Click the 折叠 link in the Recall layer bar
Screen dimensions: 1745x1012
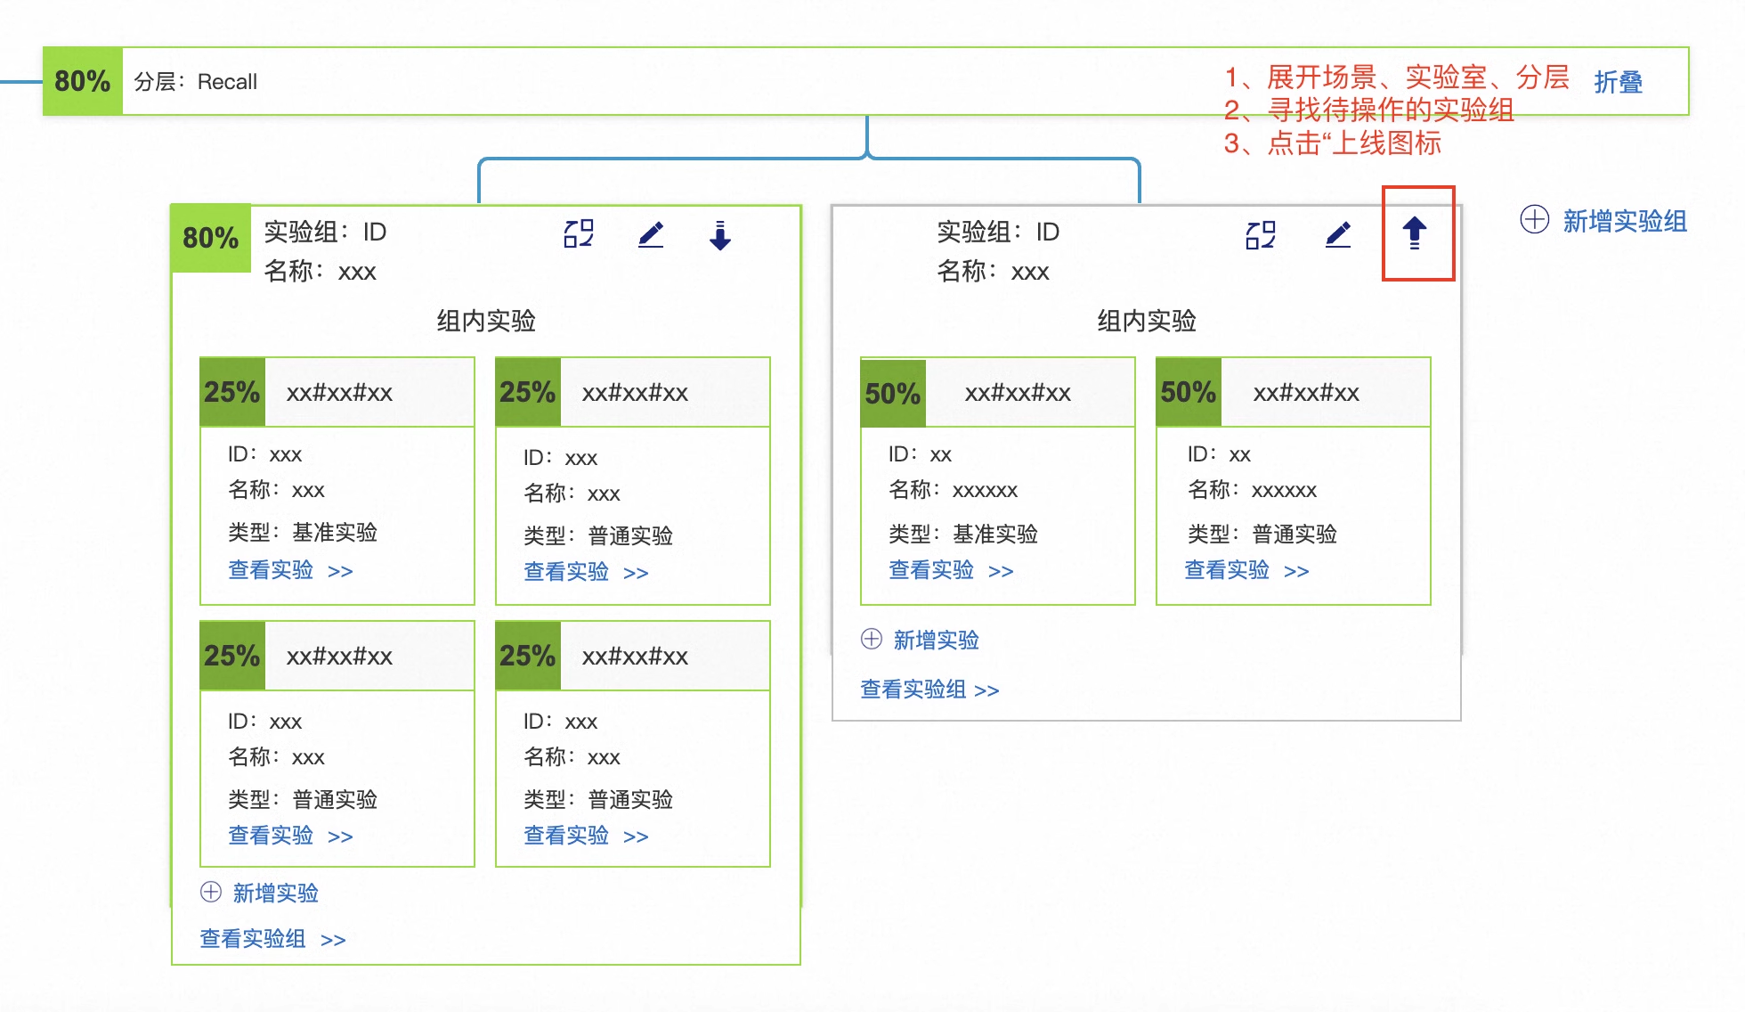click(x=1618, y=82)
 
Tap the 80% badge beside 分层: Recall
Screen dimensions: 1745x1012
click(x=83, y=81)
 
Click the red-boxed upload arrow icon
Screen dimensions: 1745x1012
click(x=1414, y=233)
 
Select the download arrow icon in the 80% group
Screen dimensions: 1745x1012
click(x=720, y=235)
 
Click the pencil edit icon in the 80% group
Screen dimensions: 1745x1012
click(x=651, y=234)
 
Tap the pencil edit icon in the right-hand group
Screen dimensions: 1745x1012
click(x=1338, y=234)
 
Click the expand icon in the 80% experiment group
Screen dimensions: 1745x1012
click(x=579, y=233)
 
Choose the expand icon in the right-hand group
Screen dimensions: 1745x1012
click(x=1261, y=234)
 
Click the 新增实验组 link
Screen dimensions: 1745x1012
click(x=1625, y=221)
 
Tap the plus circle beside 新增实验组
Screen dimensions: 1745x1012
click(x=1534, y=219)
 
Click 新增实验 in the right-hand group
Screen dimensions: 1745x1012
click(x=936, y=640)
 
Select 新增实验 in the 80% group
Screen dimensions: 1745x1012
click(x=275, y=893)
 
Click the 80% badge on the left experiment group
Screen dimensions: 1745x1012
click(x=211, y=238)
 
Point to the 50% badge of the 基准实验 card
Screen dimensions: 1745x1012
click(x=893, y=393)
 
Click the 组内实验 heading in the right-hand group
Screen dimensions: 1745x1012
click(x=1146, y=321)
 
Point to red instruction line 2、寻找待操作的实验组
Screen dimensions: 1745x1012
click(x=1368, y=110)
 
